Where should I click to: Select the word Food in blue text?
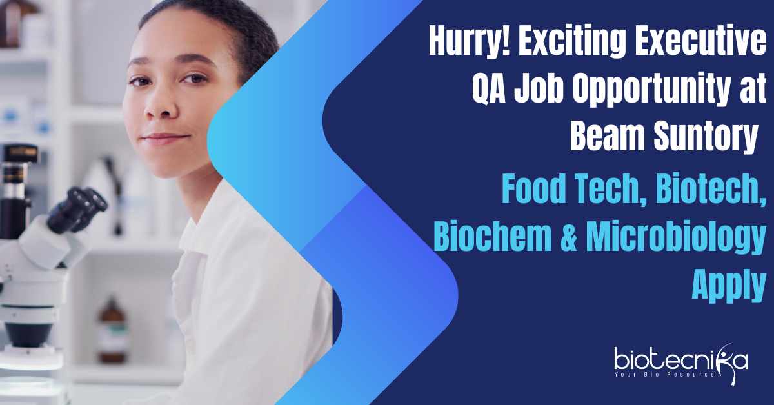[533, 189]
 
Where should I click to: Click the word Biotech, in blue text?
[711, 190]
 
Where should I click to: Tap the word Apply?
[729, 286]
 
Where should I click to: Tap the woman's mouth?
[165, 139]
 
